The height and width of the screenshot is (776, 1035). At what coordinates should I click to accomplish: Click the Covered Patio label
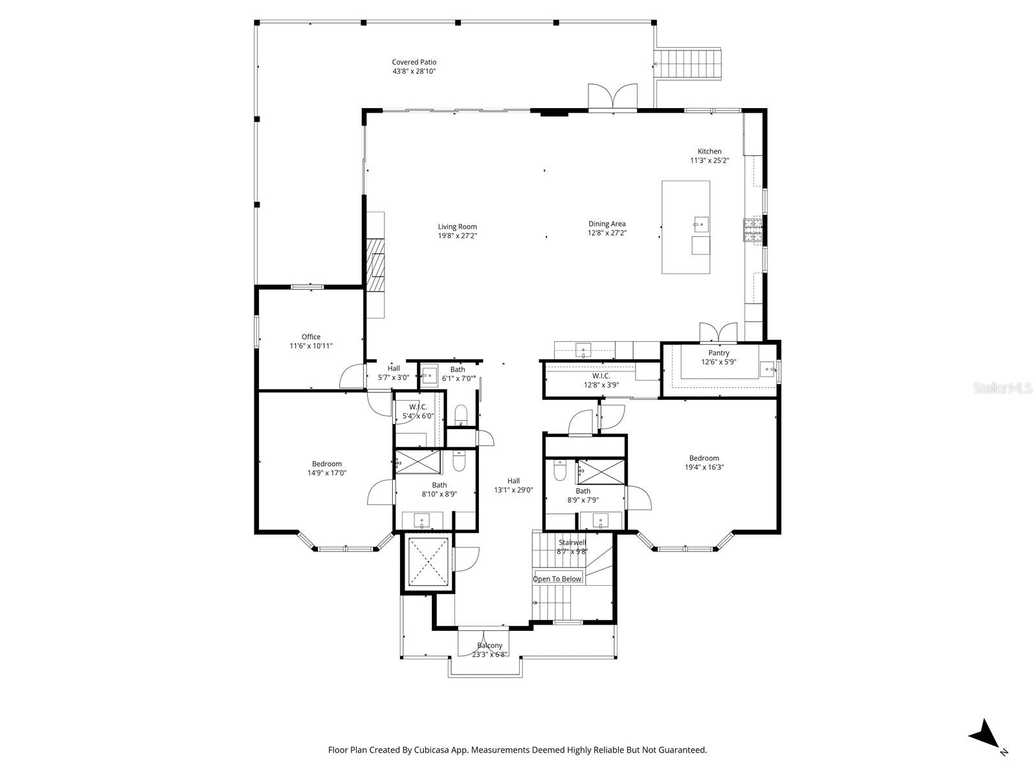pos(414,62)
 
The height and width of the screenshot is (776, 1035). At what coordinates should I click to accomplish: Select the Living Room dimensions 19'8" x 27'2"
pos(457,236)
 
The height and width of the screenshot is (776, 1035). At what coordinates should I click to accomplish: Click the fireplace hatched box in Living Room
pos(376,266)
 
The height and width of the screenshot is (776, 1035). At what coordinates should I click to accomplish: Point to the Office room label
pos(311,337)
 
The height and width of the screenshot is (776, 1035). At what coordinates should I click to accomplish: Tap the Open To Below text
pos(557,579)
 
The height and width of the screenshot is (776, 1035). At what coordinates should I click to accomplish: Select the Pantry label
pos(718,353)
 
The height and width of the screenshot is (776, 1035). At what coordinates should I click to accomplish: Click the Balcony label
pos(489,645)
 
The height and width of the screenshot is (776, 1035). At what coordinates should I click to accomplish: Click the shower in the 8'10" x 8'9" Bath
pos(417,461)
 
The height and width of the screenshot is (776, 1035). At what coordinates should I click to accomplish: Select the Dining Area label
pos(607,224)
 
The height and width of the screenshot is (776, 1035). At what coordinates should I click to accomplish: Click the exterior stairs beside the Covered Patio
pos(687,63)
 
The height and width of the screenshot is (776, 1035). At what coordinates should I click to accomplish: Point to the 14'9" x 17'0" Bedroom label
pos(326,463)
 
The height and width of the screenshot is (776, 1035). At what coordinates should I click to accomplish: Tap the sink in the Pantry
pos(768,370)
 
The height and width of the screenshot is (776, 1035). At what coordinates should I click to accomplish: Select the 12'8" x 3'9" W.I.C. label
pos(601,375)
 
